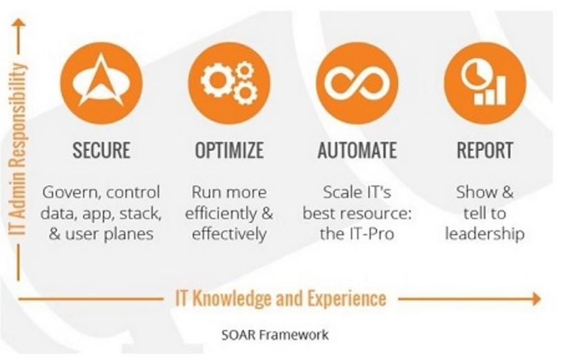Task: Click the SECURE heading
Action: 101,150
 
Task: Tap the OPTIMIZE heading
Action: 229,150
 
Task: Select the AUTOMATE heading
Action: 357,150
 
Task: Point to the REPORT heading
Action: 485,150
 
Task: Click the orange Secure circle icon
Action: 101,83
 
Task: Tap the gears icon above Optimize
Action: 229,83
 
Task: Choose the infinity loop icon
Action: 357,83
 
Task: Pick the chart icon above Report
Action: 485,83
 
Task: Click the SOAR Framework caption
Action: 275,334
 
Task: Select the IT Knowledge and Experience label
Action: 281,299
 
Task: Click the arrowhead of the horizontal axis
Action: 537,299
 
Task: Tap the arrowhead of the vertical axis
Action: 19,23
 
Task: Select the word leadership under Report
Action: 485,234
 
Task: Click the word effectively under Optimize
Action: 229,234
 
